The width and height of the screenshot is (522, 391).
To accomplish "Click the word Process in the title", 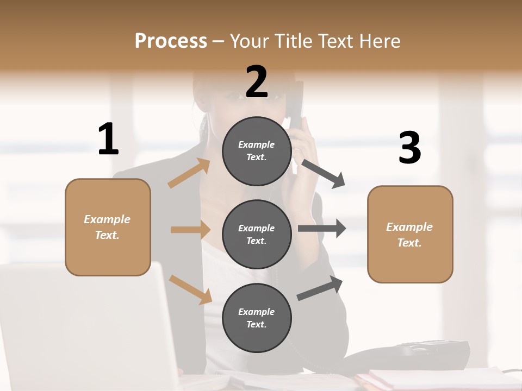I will (171, 41).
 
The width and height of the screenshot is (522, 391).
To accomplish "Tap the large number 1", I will (108, 139).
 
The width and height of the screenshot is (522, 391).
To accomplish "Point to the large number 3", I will (409, 148).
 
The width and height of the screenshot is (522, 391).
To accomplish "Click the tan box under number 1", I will (108, 227).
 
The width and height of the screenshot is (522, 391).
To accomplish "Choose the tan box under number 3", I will (410, 234).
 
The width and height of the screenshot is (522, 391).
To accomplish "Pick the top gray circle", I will (257, 151).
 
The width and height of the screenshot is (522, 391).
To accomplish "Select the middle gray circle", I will (257, 234).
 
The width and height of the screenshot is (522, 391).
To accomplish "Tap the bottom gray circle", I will (257, 318).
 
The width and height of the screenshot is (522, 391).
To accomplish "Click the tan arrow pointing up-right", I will (189, 173).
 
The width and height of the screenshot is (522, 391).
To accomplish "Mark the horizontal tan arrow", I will (190, 230).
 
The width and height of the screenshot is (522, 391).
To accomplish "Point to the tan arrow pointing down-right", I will (190, 289).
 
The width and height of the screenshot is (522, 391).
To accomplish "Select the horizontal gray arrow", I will (321, 229).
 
